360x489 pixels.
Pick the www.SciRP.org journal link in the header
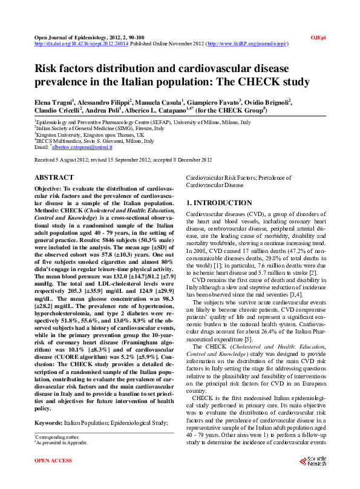(247, 44)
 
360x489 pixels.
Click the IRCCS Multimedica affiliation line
(94, 141)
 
